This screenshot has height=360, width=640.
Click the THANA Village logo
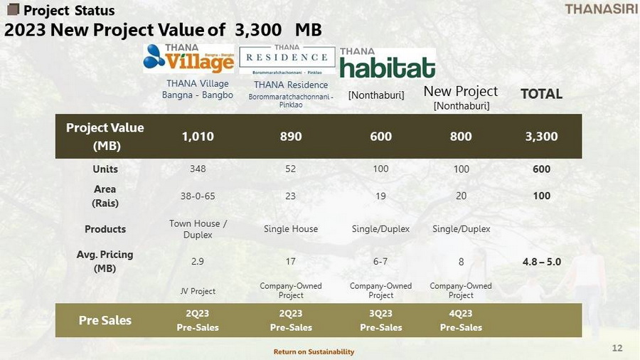[189, 58]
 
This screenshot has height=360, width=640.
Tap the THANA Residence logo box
[287, 60]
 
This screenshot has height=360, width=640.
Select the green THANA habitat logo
[388, 63]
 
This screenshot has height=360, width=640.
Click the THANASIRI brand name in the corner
[601, 9]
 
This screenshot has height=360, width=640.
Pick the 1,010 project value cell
[198, 137]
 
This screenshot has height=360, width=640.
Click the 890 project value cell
[291, 137]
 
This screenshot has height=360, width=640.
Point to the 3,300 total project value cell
[541, 137]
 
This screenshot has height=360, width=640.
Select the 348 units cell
[198, 169]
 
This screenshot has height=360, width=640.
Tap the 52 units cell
[290, 169]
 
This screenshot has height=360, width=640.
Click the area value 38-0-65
[198, 196]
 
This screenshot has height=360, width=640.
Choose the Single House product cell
[291, 229]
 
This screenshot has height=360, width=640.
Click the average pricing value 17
[290, 261]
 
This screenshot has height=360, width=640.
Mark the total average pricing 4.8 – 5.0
[542, 262]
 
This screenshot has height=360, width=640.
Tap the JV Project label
[198, 291]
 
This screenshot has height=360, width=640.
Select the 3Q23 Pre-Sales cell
[381, 320]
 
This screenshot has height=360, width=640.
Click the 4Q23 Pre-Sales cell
[461, 320]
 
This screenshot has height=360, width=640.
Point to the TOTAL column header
[541, 94]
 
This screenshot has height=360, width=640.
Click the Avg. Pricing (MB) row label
[105, 261]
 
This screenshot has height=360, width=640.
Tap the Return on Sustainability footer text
[314, 351]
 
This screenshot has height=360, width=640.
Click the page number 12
[617, 348]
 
